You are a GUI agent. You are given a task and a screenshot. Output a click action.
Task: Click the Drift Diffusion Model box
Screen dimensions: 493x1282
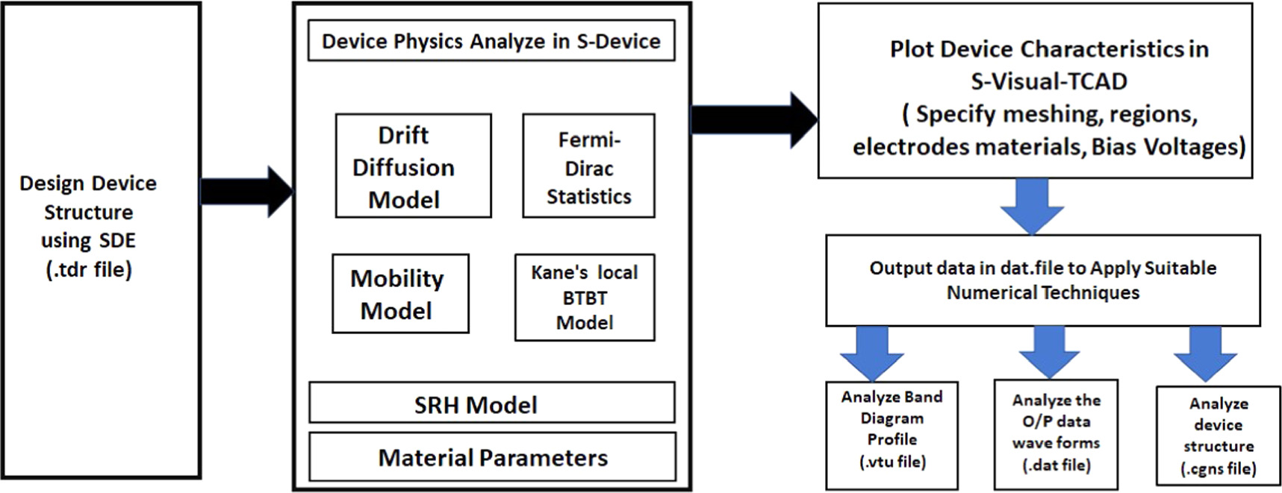413,166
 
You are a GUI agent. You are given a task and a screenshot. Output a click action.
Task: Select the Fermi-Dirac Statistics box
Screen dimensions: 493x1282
588,166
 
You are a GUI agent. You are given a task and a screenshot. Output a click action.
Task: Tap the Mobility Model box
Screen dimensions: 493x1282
400,293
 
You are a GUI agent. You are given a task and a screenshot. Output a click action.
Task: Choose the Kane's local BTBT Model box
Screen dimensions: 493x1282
585,297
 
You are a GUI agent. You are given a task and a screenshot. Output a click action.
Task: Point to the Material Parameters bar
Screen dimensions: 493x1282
492,457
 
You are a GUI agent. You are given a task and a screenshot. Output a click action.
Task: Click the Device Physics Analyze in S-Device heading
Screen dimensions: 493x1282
491,41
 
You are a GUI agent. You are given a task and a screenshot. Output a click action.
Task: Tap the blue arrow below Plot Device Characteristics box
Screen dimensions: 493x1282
1033,205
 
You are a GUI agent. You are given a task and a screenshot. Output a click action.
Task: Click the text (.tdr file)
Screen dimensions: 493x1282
88,269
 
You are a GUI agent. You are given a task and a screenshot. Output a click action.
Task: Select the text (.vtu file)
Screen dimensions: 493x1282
892,462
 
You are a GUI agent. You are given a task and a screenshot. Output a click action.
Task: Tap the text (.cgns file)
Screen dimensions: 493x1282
1218,468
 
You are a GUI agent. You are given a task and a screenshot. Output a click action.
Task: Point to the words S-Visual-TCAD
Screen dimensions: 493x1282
1048,81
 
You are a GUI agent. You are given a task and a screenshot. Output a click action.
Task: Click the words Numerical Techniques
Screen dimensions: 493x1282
1042,292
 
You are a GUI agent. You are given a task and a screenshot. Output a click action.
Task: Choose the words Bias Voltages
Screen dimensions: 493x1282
1168,146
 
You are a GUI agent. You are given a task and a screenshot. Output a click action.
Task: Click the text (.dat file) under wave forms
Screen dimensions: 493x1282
1056,465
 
